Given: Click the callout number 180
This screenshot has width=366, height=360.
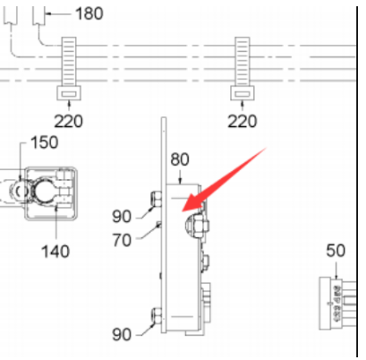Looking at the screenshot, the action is (89, 13).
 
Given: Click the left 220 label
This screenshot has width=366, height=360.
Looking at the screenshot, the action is (68, 122).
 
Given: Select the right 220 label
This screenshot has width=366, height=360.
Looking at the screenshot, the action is (242, 122).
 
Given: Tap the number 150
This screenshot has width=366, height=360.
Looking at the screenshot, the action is (44, 142).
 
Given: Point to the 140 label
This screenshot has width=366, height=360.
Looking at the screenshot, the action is (55, 252).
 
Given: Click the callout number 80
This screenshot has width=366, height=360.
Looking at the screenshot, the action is (180, 159).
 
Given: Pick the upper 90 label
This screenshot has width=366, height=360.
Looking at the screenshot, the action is (122, 216).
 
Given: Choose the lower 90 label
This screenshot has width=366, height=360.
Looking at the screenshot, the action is (122, 335).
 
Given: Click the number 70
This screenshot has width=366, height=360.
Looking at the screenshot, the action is (122, 240).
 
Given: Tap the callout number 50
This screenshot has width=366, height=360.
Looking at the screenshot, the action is (336, 251).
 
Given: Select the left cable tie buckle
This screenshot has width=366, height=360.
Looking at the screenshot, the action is (69, 93).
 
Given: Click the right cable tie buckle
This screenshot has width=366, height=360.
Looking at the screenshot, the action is (243, 93).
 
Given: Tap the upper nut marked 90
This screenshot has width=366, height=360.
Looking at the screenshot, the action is (156, 198).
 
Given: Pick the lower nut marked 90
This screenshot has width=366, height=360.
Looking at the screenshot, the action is (156, 315).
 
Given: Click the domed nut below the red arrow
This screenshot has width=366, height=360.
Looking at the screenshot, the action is (196, 225).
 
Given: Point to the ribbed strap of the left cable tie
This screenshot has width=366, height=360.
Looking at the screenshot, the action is (69, 61).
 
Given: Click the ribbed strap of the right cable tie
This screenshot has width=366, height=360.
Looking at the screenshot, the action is (243, 61).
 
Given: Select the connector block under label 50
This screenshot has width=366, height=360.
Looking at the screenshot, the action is (337, 304).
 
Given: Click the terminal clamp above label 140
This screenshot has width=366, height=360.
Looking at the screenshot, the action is (50, 193).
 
